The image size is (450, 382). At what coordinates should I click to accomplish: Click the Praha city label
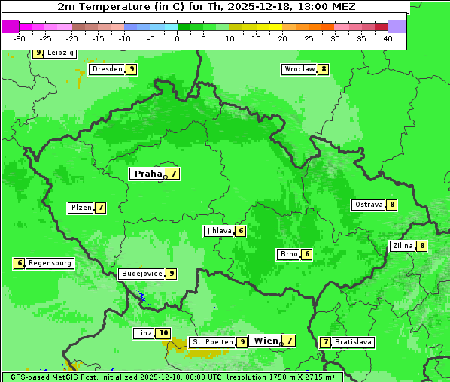[x=147, y=174]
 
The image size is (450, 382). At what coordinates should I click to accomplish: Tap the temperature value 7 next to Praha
[x=174, y=174]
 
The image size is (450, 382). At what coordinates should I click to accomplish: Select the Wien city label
[x=266, y=341]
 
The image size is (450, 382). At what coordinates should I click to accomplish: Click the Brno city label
[x=288, y=254]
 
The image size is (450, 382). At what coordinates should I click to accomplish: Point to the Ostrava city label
[x=369, y=205]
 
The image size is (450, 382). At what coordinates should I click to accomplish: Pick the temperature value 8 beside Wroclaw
[x=324, y=69]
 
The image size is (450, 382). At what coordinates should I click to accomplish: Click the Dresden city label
[x=107, y=69]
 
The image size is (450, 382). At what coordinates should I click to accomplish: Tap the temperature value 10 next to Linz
[x=163, y=333]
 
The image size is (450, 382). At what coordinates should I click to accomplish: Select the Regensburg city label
[x=50, y=263]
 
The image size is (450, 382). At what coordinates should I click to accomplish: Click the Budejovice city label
[x=141, y=274]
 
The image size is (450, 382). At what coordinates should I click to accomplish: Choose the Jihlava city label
[x=219, y=231]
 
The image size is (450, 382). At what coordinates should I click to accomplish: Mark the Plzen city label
[x=81, y=208]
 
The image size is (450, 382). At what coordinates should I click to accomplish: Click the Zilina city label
[x=403, y=246]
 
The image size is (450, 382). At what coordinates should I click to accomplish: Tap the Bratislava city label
[x=354, y=342]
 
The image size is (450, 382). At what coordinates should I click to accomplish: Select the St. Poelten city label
[x=212, y=342]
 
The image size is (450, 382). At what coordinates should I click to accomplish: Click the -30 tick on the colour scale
[x=20, y=38]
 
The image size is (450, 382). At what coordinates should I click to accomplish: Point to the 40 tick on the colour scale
[x=388, y=38]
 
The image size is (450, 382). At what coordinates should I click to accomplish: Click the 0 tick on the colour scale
[x=178, y=38]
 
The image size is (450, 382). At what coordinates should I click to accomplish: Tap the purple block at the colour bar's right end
[x=397, y=26]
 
